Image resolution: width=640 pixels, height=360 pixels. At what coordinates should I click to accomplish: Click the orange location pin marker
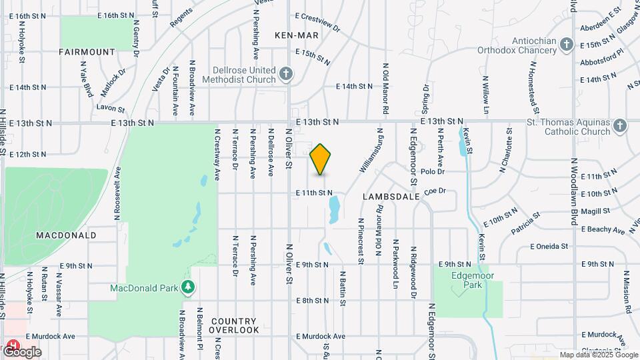321,159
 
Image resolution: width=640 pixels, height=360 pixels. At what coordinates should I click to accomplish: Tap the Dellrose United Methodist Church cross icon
286,74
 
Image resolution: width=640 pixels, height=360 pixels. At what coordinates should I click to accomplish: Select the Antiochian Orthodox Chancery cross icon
566,45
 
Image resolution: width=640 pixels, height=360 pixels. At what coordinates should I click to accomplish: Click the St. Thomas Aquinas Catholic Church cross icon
620,127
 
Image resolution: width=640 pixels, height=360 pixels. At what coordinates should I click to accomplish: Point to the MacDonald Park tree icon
189,287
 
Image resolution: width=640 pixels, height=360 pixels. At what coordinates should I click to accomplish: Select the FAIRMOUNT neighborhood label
87,51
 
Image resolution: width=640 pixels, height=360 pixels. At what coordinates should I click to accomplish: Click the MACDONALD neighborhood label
66,235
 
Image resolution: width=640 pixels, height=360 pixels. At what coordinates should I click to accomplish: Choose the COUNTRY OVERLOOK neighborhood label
234,325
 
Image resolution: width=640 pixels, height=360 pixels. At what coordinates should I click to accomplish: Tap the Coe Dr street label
434,191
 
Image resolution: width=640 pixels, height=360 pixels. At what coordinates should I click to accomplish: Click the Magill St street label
595,211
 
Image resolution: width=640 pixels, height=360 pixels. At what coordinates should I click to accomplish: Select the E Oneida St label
549,246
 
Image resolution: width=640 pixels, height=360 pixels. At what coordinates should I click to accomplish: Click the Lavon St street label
111,108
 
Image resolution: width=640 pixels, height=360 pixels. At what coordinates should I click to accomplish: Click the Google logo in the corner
21,351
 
